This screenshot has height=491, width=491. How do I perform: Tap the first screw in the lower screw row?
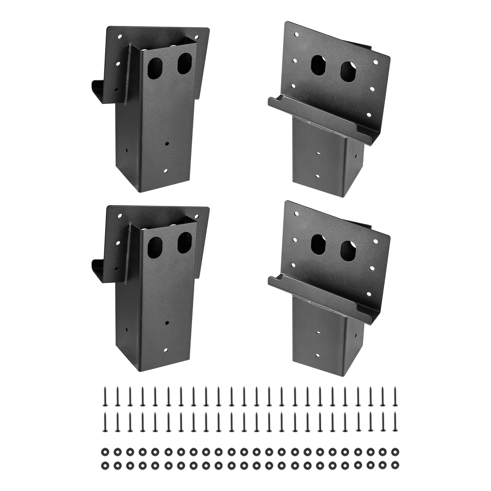coord(105,421)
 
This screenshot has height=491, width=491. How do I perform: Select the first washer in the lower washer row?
coord(104,464)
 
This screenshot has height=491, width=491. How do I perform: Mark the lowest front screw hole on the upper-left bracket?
coord(166,171)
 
